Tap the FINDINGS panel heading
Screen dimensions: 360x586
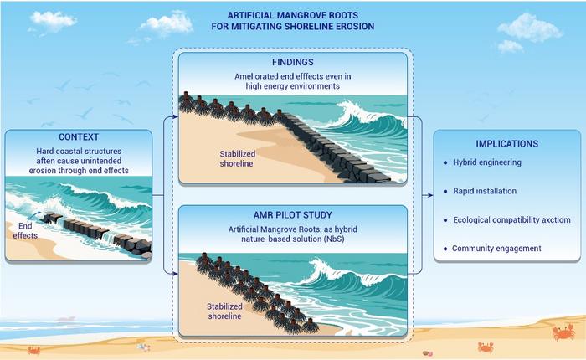[292, 61]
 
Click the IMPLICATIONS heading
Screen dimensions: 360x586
[508, 143]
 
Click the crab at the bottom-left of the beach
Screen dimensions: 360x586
[34, 350]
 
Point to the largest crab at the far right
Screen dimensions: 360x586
[560, 333]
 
